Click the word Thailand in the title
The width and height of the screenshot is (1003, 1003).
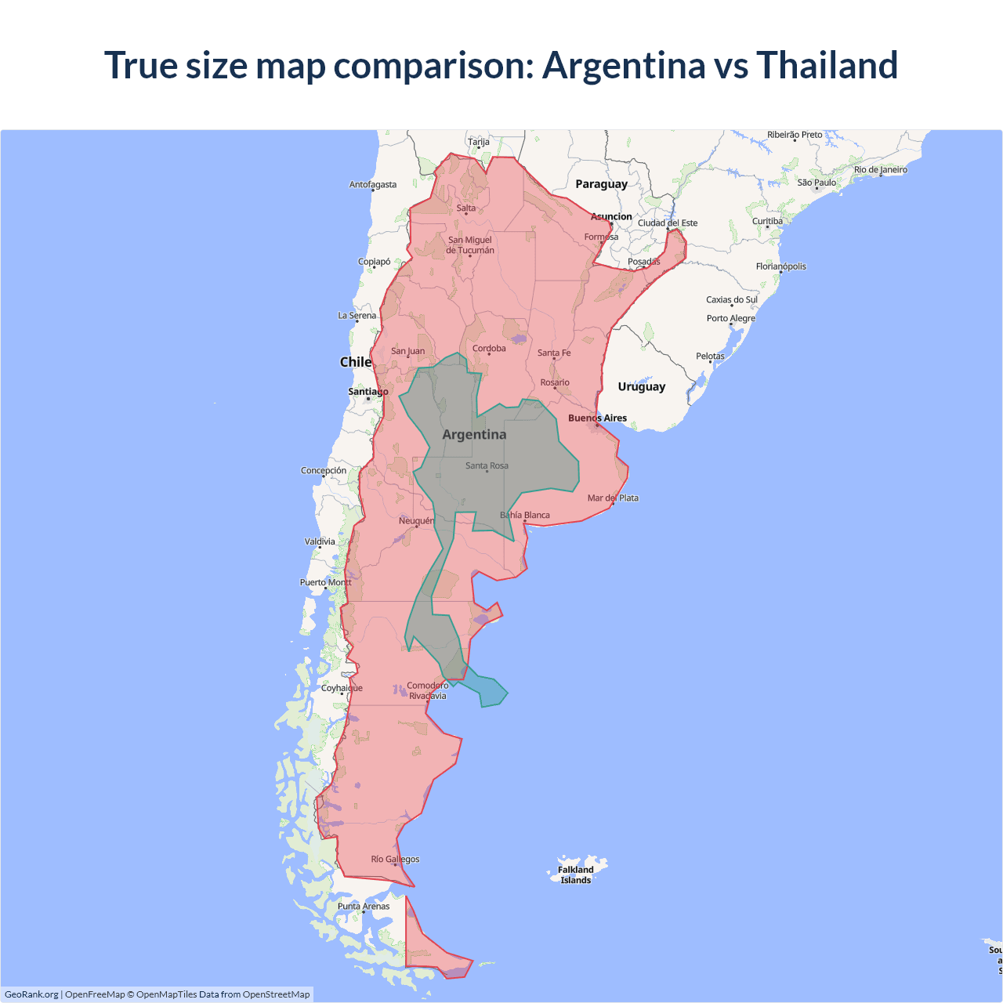[827, 65]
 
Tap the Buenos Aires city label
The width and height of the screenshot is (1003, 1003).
[597, 418]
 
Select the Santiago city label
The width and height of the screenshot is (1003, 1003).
[368, 391]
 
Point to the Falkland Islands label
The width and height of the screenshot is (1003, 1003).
[576, 874]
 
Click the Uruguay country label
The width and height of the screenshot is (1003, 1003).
[641, 386]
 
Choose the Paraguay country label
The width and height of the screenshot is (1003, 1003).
[601, 184]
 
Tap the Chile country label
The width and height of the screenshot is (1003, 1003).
[355, 362]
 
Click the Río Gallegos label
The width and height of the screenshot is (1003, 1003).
[395, 859]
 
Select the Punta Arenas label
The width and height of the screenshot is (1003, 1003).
[364, 906]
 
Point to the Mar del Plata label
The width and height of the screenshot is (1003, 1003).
[613, 498]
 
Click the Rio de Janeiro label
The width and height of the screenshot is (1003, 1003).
[881, 169]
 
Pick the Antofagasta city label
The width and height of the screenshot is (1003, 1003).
[373, 184]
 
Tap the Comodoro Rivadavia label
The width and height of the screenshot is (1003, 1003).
[428, 690]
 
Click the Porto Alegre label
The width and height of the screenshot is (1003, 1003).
[731, 318]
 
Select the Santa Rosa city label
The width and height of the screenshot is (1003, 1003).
[487, 465]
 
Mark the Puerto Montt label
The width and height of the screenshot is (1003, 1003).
[326, 582]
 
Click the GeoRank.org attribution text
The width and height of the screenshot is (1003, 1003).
[31, 994]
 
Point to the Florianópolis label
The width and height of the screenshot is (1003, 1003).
[780, 266]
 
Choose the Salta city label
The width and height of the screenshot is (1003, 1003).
[466, 208]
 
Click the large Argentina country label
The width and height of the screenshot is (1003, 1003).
[474, 434]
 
